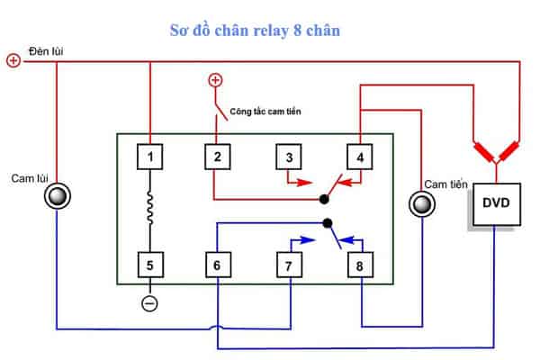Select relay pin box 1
[150, 157]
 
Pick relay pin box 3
[289, 157]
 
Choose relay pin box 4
[360, 157]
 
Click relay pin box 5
[150, 265]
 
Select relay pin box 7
[289, 265]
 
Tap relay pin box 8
[360, 265]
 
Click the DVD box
[495, 202]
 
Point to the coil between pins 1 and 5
[150, 211]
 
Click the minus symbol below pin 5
[150, 302]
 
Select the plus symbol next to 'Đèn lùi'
[13, 61]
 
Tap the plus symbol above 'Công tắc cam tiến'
[215, 80]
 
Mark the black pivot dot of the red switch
[324, 198]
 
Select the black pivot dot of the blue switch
[328, 222]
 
